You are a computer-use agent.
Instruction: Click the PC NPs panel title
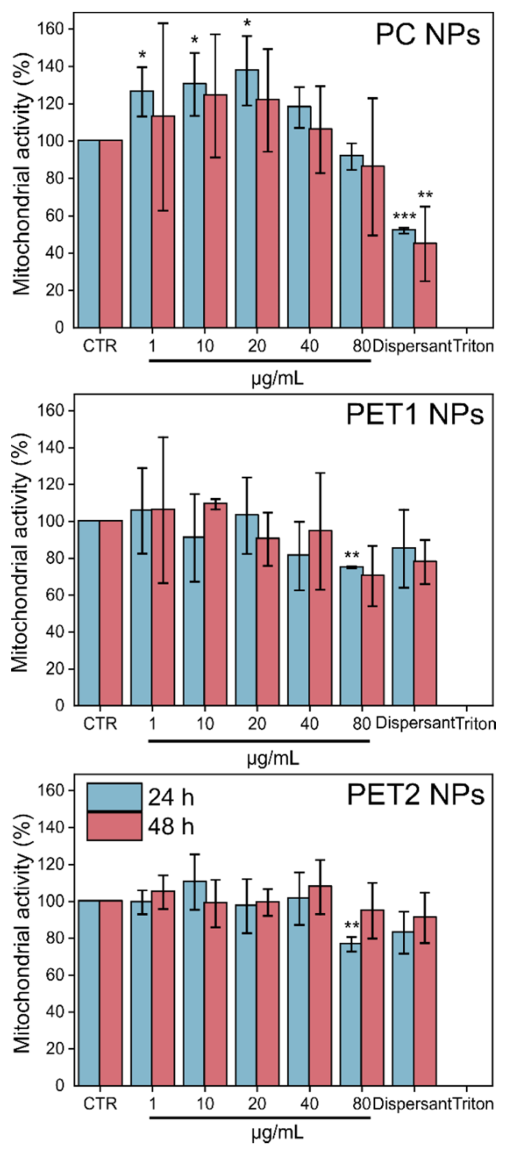point(427,35)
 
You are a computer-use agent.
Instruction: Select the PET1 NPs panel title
point(415,415)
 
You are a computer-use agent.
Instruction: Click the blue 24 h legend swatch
point(114,797)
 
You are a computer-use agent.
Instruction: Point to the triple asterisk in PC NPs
point(404,217)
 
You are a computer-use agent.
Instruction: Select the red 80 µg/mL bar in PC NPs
point(373,247)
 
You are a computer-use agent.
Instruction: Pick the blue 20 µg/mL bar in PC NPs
point(246,197)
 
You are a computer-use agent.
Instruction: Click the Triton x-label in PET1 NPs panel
point(475,724)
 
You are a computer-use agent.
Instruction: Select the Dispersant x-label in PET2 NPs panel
point(411,1104)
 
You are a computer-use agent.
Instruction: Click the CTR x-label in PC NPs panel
point(100,346)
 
